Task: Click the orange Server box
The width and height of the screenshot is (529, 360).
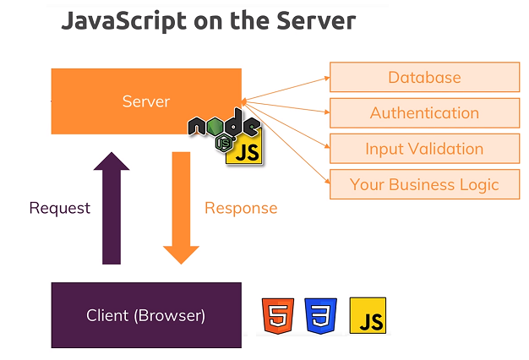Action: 127,101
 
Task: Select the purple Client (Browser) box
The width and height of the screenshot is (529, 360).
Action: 145,316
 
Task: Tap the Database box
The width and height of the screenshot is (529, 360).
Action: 424,78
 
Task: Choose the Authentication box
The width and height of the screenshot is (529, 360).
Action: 424,113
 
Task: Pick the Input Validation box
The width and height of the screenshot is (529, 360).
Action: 424,149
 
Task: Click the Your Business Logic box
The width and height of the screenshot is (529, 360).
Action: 424,184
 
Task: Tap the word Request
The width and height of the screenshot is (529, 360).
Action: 59,208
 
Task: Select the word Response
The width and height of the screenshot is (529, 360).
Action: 241,208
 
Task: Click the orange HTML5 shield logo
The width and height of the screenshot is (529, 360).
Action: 277,315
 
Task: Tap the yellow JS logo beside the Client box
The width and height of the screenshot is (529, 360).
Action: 368,315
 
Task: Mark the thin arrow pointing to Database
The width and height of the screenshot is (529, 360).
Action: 287,88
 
